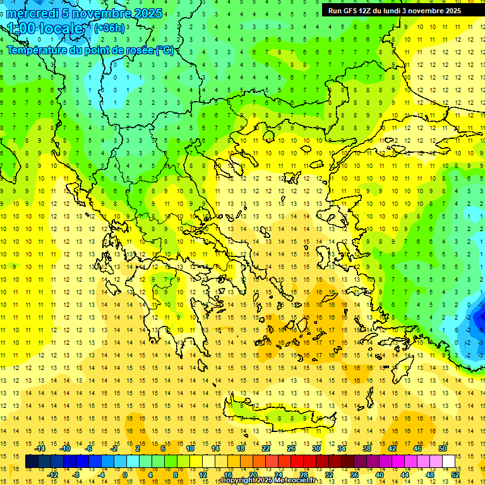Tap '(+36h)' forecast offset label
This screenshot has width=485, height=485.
coord(109,28)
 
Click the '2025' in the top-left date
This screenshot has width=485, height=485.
coord(147,13)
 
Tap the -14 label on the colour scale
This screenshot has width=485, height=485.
coord(40,448)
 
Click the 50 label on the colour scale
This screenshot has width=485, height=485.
coord(443,448)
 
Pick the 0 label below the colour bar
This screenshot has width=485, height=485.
coord(125,475)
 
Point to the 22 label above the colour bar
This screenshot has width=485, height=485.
coord(266,448)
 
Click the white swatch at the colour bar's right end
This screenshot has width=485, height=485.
coord(449,462)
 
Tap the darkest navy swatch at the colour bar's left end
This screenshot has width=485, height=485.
coord(32,462)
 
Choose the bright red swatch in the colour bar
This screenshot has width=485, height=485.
coord(297,462)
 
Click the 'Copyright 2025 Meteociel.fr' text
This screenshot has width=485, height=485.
coord(268,481)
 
